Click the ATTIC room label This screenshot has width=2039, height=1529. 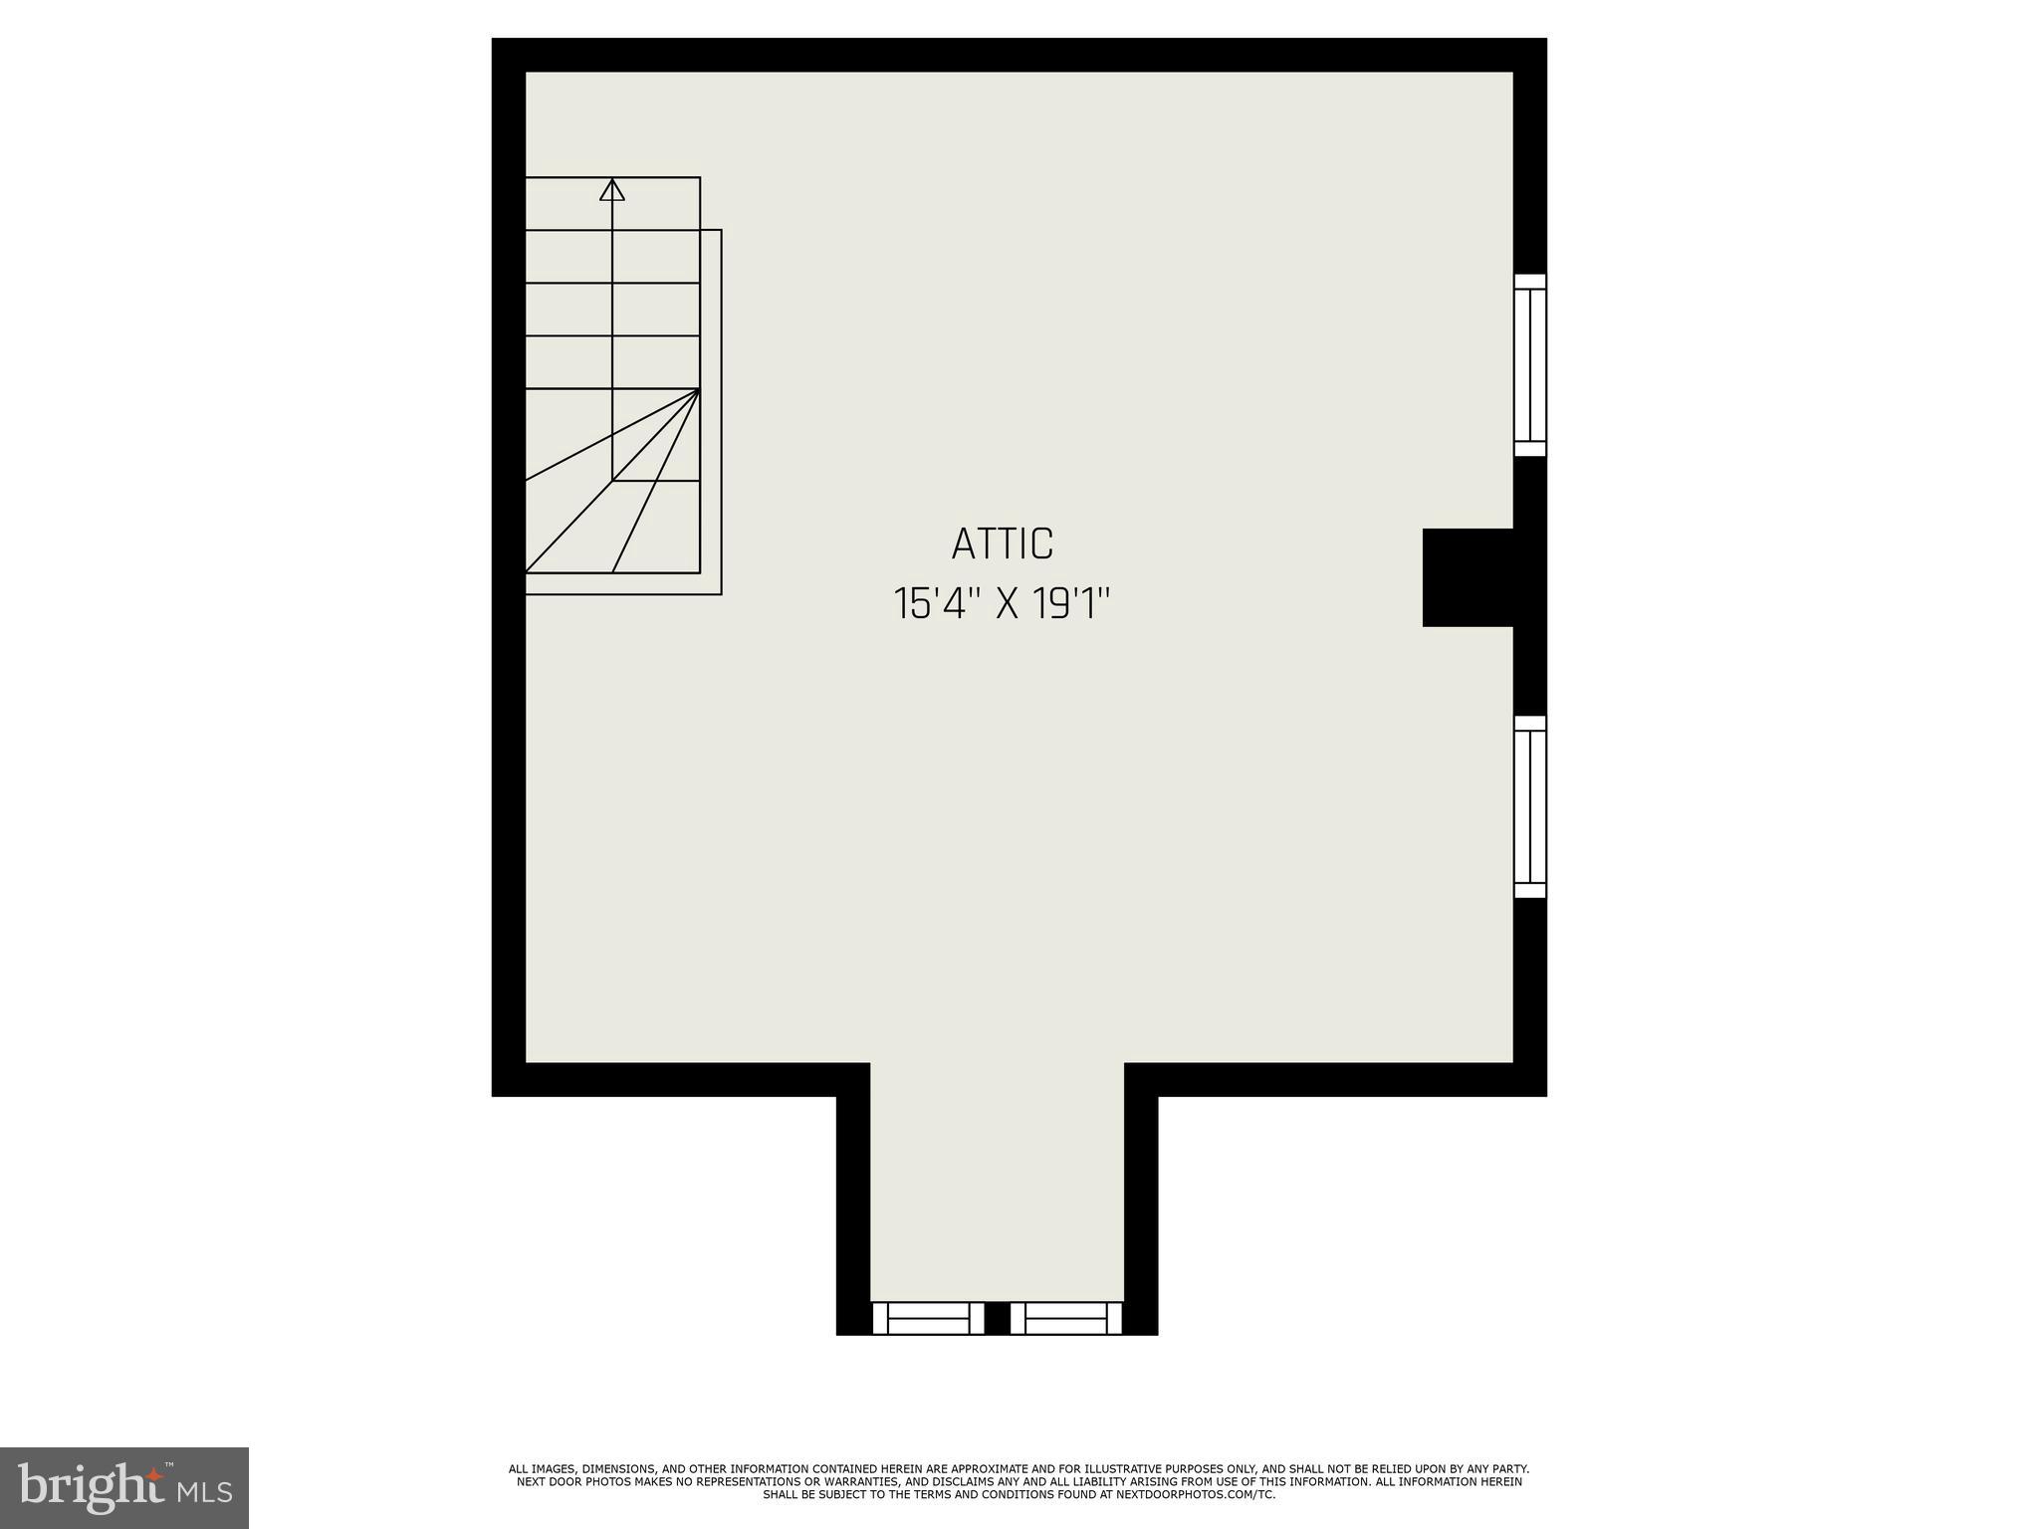pos(1002,544)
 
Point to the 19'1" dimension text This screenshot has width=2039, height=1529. pos(1070,604)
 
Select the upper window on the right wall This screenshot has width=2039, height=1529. pos(1530,365)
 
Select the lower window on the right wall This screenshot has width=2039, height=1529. pos(1530,806)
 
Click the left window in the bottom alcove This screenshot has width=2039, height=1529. pos(928,1317)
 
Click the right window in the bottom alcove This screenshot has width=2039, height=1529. pos(1065,1317)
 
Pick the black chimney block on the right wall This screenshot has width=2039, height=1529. pos(1468,577)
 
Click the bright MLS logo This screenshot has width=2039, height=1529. pos(124,1487)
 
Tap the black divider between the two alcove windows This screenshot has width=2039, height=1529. pos(998,1317)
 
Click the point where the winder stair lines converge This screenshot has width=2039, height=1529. pos(699,389)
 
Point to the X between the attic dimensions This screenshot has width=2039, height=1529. pos(1008,604)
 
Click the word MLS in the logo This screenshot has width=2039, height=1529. pos(205,1491)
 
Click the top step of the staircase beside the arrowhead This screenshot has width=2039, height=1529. pos(656,203)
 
